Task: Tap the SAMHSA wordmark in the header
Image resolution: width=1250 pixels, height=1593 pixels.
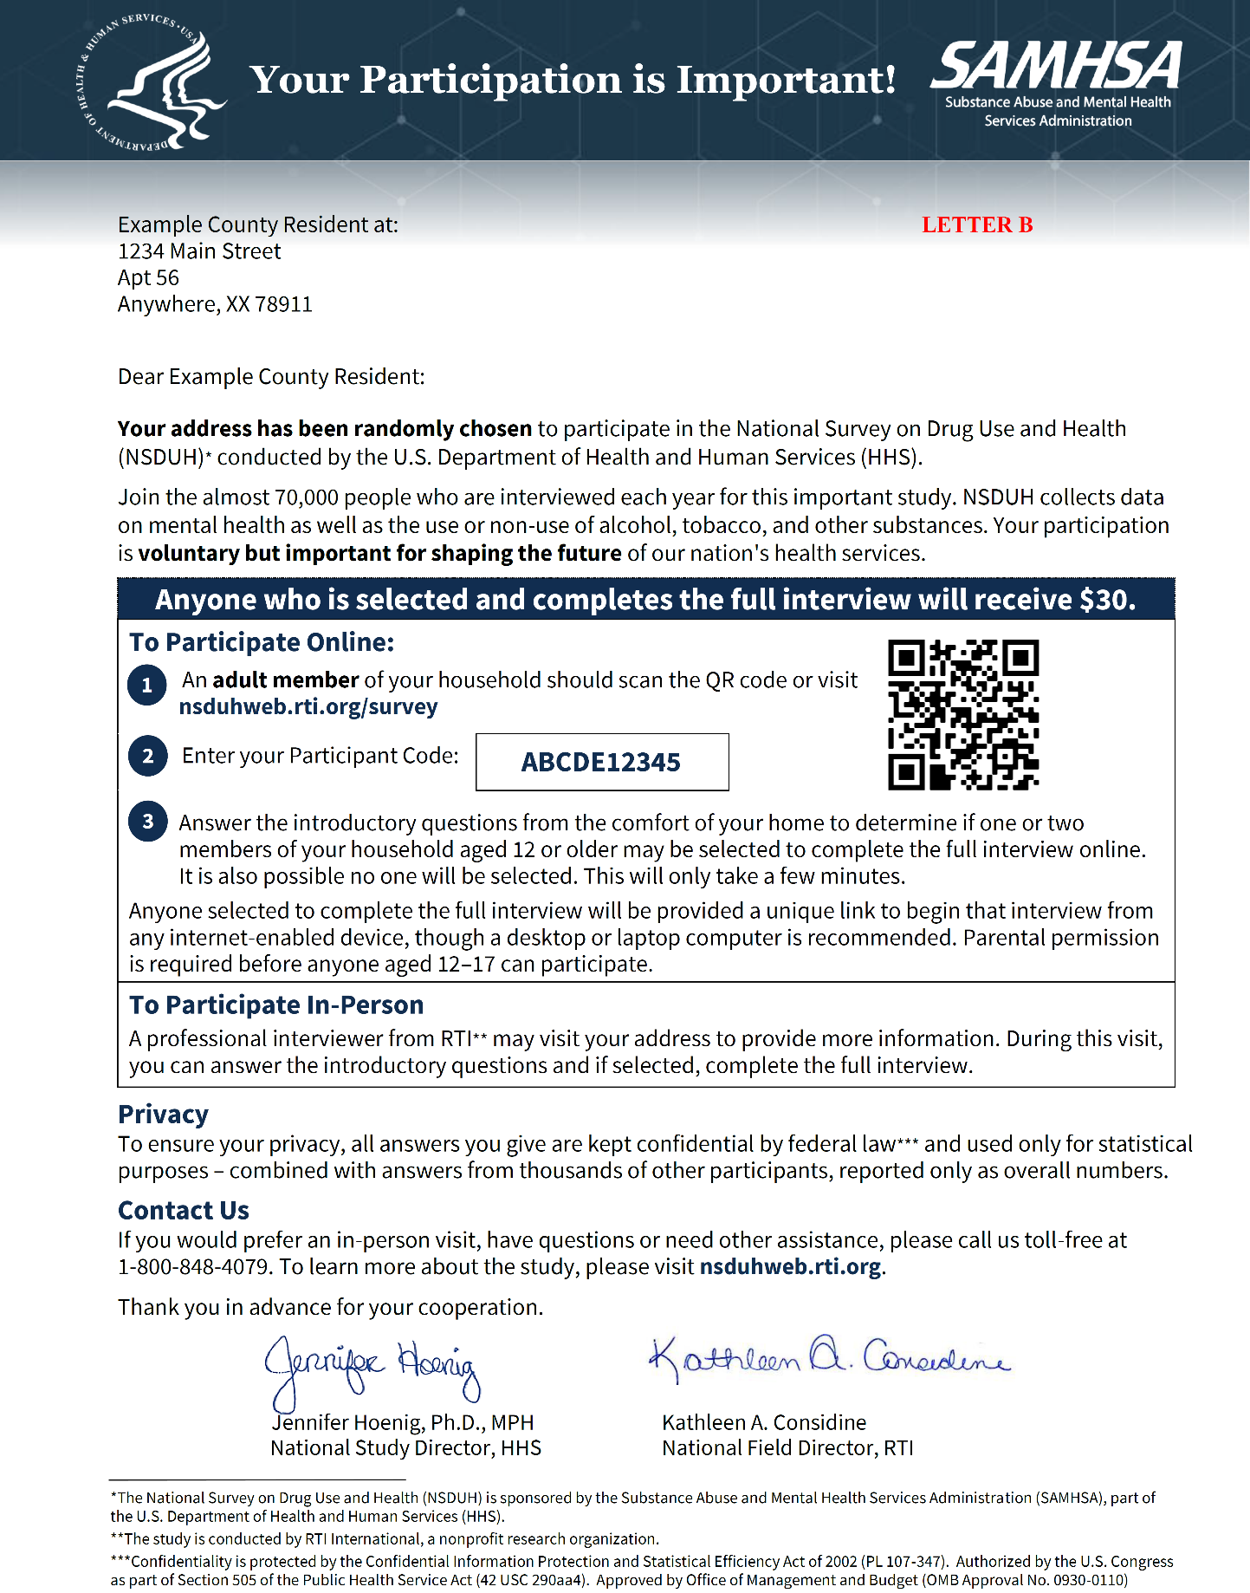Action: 1057,67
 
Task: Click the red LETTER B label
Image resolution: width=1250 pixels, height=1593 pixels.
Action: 977,225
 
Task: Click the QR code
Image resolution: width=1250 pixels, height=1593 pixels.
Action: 963,715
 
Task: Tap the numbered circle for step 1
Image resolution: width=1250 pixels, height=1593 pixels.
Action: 147,686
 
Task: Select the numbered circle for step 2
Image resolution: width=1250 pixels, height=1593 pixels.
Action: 147,756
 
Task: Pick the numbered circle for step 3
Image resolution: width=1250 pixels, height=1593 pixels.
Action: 147,822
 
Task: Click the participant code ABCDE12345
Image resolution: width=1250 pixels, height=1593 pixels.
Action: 601,763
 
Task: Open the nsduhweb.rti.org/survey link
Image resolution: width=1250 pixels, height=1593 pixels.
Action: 308,707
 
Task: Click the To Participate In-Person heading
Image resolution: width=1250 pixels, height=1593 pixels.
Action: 276,1005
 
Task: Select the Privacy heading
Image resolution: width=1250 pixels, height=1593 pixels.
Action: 163,1115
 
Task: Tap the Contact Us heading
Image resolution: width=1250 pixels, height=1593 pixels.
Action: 184,1211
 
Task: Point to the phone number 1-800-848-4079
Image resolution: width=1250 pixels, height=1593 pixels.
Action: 193,1268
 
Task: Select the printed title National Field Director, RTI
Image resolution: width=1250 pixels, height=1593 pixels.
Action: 787,1448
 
